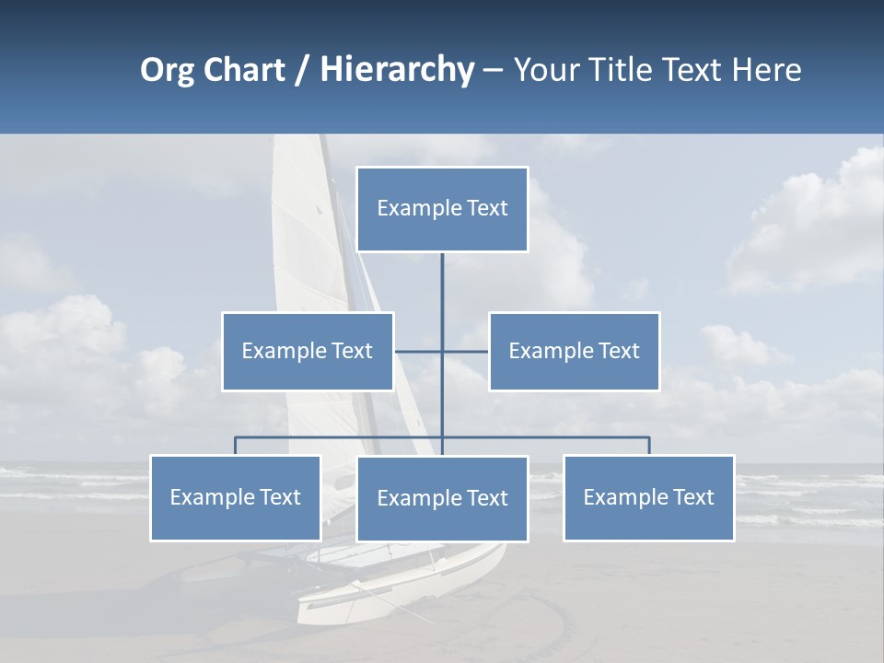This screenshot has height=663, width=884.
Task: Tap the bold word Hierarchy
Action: tap(397, 71)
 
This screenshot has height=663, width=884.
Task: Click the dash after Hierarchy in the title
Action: tap(493, 71)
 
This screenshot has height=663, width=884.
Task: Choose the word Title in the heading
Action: tap(626, 71)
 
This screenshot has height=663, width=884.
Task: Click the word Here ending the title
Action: tap(766, 71)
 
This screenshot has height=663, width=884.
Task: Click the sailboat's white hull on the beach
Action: tap(405, 589)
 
